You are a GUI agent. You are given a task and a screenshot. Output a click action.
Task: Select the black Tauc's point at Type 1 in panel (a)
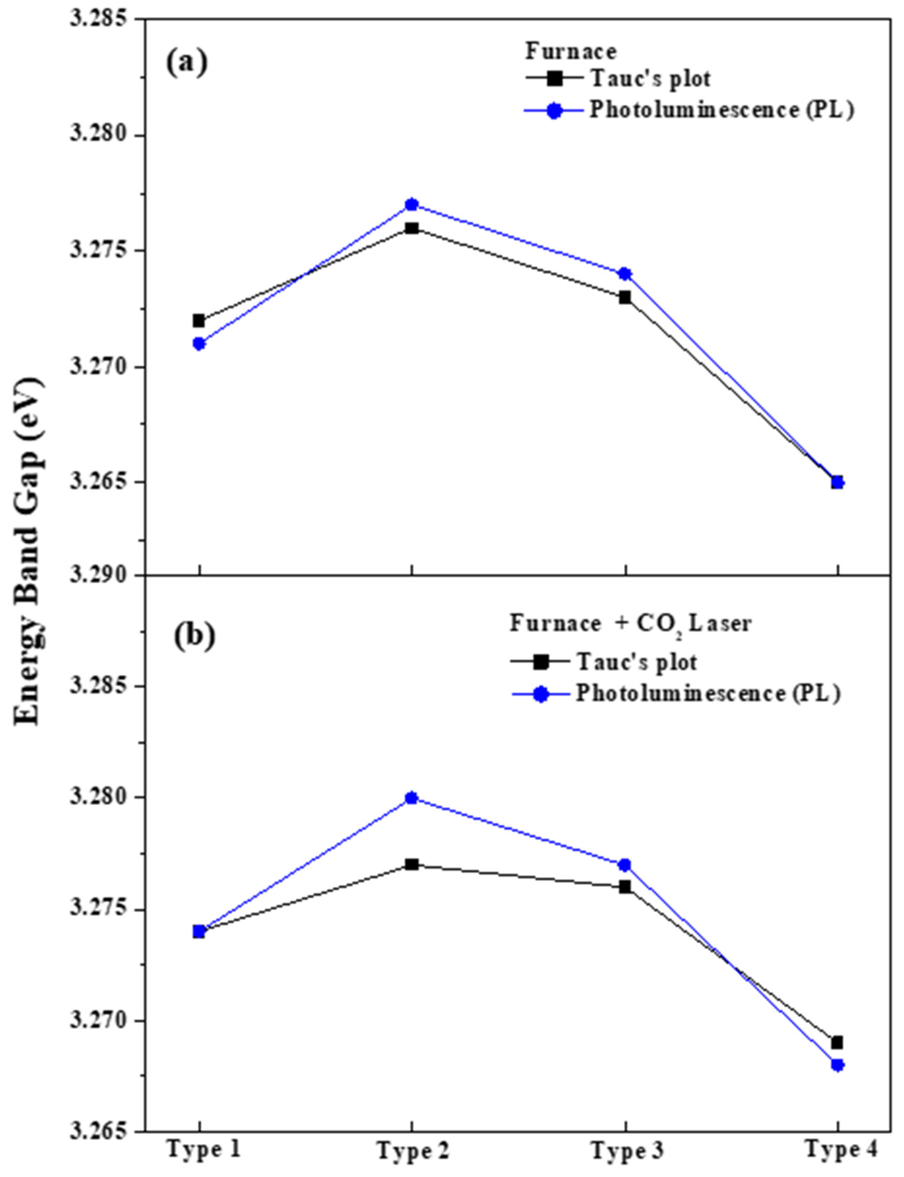click(x=199, y=321)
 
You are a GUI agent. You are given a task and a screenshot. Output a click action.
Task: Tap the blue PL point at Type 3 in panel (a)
click(x=624, y=274)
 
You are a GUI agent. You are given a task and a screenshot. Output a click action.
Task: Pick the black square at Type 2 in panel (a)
click(x=412, y=228)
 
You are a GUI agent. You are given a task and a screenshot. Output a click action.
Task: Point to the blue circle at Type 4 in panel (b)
click(x=837, y=1065)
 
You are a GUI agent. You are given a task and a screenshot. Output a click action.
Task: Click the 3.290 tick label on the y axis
click(x=102, y=576)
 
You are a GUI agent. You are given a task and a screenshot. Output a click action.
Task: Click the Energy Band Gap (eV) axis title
click(x=28, y=549)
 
